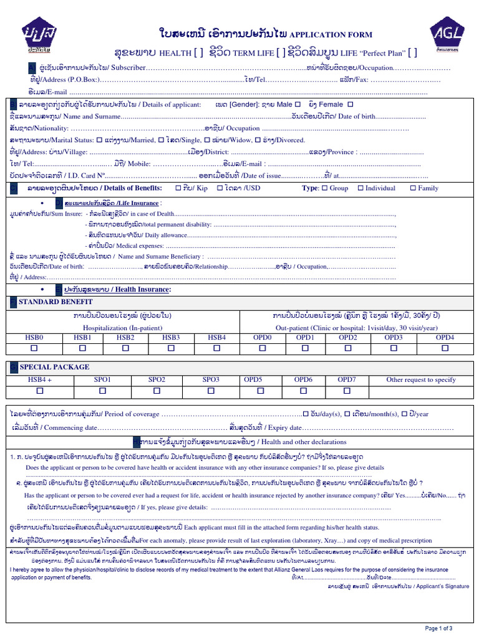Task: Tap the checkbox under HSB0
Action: tap(34, 348)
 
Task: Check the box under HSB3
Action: tap(171, 348)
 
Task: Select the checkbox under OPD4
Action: tap(445, 348)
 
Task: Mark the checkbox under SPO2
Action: tap(157, 391)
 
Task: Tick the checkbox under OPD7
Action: tap(346, 391)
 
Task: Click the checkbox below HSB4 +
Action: tap(40, 391)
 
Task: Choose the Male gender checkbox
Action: tap(296, 105)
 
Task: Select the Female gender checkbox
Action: tap(350, 105)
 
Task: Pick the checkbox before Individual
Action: tap(360, 188)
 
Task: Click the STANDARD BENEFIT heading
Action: tap(56, 302)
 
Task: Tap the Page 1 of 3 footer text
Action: tap(438, 628)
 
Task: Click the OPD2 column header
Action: tap(347, 337)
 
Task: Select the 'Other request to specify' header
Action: tap(421, 379)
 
